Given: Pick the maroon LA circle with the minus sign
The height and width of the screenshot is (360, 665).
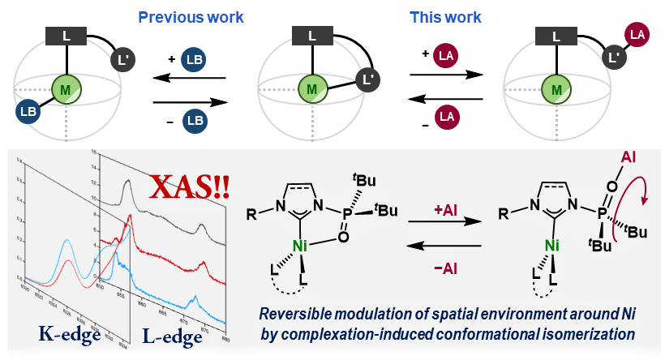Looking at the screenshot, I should point(446,118).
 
